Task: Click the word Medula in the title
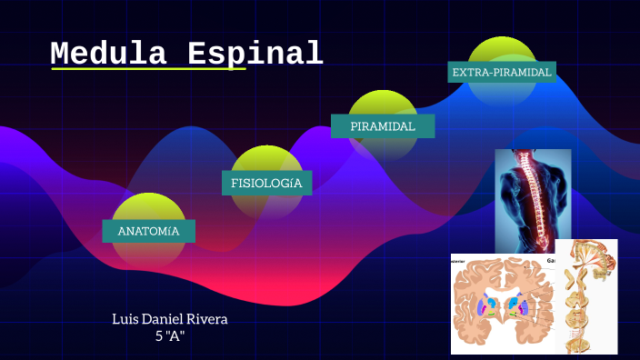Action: (108, 54)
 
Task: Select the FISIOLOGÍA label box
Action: (266, 183)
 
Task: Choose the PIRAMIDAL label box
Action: (382, 126)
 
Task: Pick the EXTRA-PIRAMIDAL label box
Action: (501, 72)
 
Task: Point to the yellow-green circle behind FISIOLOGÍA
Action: (266, 161)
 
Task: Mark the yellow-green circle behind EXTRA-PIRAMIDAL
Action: (501, 51)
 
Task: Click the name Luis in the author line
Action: (127, 319)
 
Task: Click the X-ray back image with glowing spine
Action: (533, 200)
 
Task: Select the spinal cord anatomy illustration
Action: (586, 295)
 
